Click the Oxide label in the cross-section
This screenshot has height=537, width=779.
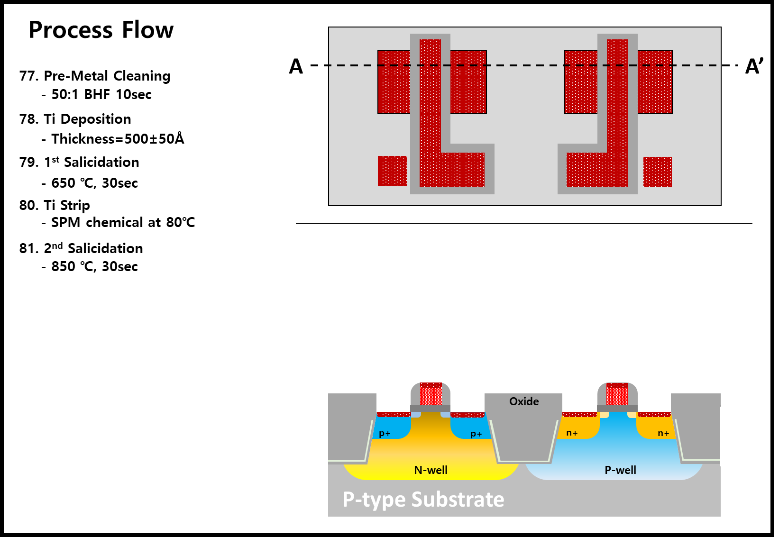click(x=524, y=401)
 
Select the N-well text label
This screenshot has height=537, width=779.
click(x=431, y=470)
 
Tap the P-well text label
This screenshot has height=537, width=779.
click(x=620, y=470)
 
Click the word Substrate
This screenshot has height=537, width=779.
click(x=458, y=500)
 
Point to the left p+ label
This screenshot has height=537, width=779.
click(x=385, y=434)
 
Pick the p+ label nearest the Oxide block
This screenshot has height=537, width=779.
click(x=476, y=434)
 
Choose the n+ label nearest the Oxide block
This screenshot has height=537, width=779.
click(x=572, y=433)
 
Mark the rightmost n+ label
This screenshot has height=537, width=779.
click(x=663, y=433)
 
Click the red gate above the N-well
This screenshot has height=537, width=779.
click(x=431, y=394)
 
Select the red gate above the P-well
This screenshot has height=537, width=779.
click(x=617, y=394)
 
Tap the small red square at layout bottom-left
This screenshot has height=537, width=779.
click(x=392, y=171)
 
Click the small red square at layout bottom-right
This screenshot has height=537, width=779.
click(x=658, y=172)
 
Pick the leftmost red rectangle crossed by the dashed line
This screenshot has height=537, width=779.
click(x=394, y=82)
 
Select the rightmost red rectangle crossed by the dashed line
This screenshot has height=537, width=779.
click(x=655, y=82)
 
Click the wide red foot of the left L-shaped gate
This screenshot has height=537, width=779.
click(x=462, y=169)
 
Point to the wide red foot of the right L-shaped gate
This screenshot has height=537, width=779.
click(x=587, y=169)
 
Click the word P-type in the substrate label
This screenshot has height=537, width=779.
click(x=374, y=500)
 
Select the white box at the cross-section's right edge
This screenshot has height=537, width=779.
click(x=745, y=436)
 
